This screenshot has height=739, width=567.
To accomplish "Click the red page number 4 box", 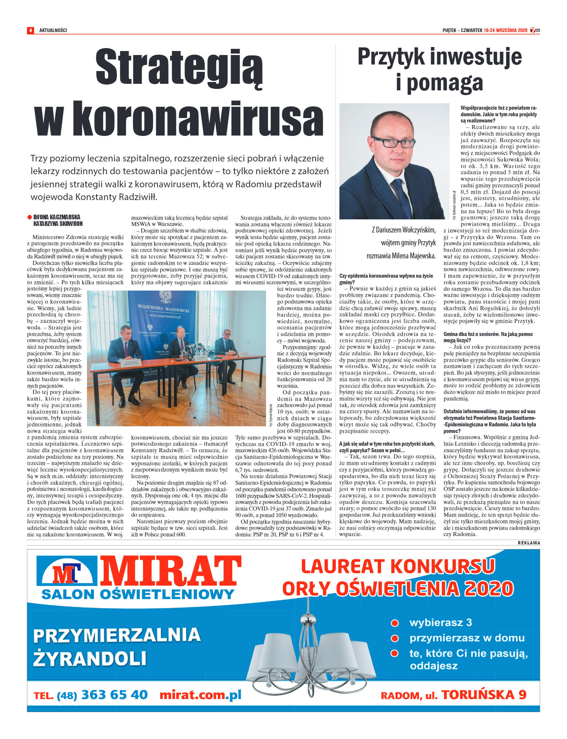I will point(30,30).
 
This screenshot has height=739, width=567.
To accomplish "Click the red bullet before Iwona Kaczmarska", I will point(29,217).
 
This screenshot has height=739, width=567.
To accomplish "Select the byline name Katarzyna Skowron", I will point(58,224).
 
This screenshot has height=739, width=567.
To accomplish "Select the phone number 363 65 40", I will point(115,695).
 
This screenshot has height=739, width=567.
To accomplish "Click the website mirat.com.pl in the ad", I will point(201,695).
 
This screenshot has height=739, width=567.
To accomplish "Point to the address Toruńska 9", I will point(484,695).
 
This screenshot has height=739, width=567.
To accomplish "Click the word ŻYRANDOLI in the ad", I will point(90,658).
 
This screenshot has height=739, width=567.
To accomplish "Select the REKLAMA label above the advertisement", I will point(529,543).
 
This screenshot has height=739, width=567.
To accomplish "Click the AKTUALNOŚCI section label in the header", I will point(53,30).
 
